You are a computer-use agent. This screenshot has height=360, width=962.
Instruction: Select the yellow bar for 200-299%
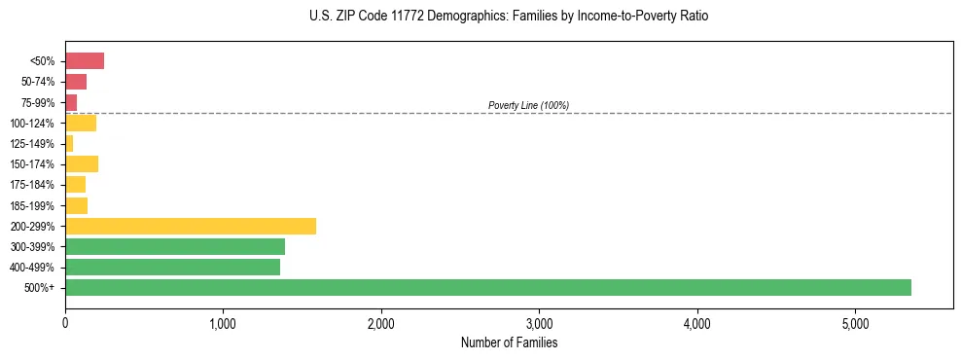pos(191,226)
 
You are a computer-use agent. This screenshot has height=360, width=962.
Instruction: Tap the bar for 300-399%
pos(175,246)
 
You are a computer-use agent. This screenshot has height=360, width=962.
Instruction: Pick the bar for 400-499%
pos(172,267)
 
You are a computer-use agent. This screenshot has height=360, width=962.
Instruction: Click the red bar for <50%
pos(85,61)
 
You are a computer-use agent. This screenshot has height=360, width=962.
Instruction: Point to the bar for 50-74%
pos(76,82)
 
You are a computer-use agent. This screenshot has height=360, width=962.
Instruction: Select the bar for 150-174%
pos(82,163)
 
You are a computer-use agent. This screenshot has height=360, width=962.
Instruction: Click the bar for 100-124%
pos(81,123)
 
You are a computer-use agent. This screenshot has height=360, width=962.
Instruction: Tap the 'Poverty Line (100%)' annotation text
pos(528,105)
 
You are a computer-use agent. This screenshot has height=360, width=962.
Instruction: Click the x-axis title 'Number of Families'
pos(509,342)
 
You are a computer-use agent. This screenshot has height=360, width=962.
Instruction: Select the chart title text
pos(509,17)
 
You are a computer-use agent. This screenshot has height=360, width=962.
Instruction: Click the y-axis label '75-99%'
pos(38,102)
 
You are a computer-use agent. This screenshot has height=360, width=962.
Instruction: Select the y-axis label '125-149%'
pos(34,143)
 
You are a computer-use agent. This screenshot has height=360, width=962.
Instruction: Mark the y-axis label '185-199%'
pos(34,205)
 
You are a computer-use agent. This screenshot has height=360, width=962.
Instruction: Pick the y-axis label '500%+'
pos(40,287)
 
